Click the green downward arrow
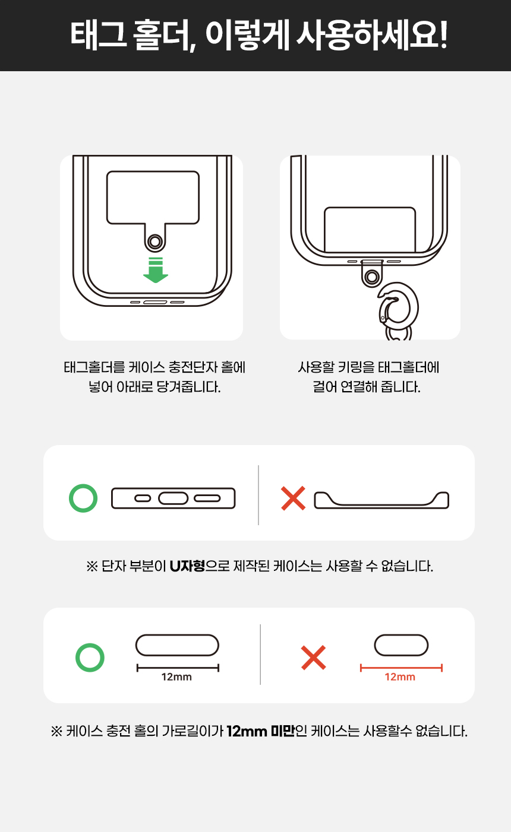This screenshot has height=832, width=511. coord(156,270)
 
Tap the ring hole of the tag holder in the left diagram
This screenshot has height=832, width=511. coord(155,242)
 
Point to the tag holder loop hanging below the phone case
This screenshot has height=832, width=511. coord(372,274)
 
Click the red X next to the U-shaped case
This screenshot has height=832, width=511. coord(293,498)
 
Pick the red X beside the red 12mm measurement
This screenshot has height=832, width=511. coord(314,658)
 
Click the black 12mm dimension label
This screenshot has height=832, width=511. coord(176,677)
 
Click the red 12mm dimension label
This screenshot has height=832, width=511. coord(400,677)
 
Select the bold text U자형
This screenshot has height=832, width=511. coord(187,566)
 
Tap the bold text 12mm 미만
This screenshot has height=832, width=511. coord(261,731)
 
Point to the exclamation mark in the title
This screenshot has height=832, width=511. coord(443,35)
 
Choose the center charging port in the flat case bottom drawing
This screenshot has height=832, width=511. coord(174,498)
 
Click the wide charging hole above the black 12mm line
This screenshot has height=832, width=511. coord(177,645)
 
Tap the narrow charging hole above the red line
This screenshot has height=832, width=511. coord(401,645)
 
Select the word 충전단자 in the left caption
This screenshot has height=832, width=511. coord(193,367)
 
